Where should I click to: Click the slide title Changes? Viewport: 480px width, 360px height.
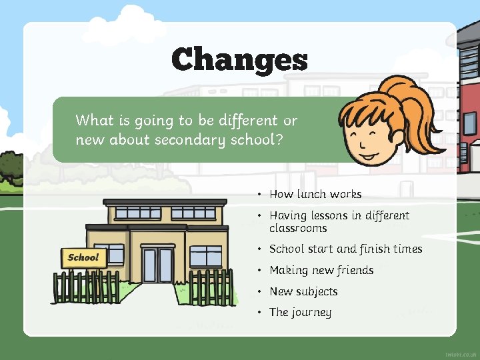point(239,59)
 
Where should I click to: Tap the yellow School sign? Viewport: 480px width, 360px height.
point(83,257)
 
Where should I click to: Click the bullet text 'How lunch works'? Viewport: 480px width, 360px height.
point(315,194)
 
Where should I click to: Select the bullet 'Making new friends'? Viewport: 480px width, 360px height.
point(321,270)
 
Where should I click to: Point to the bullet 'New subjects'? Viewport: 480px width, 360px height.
point(303,291)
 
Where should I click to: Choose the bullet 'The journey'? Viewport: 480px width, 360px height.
point(300,312)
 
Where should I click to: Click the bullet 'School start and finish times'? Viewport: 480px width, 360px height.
point(345,249)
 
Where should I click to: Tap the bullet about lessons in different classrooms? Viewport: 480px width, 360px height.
point(339,221)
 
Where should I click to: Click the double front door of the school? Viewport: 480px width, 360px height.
point(157,265)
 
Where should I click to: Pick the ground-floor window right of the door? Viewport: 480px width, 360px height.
point(205,256)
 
